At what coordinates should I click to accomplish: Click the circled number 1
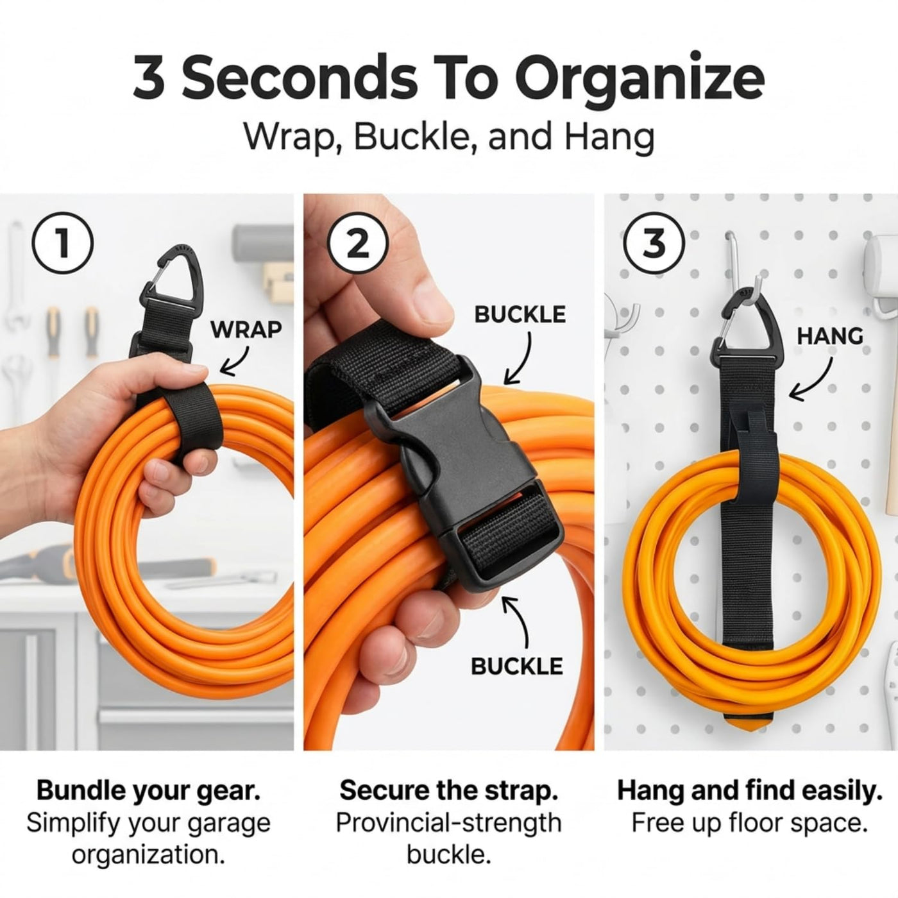coord(62,244)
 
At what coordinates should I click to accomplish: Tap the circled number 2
coord(357,244)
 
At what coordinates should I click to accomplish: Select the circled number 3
coord(655,244)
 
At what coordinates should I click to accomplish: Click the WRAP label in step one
coord(246,330)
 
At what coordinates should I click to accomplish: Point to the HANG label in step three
coord(830,336)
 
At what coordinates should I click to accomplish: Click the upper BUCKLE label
coord(520,314)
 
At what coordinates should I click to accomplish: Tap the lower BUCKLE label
coord(517,666)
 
